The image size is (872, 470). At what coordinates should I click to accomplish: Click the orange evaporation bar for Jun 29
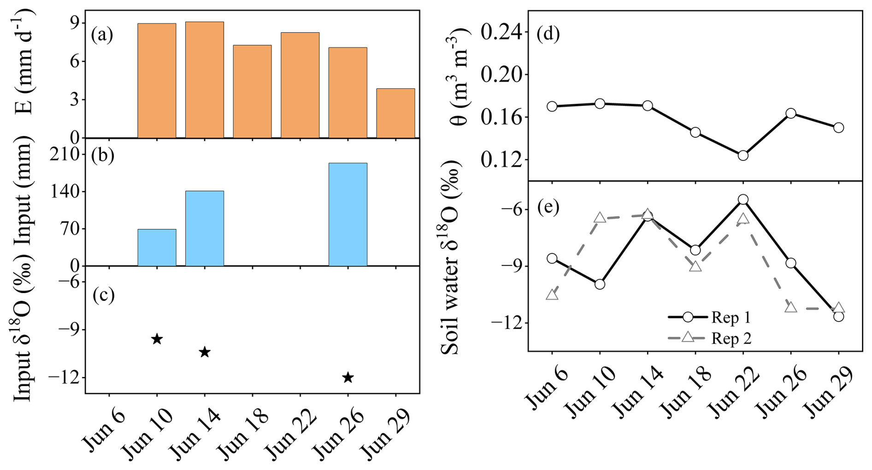(x=395, y=113)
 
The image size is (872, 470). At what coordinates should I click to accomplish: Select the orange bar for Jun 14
(x=205, y=80)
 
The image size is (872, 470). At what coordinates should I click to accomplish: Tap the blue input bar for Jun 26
(x=348, y=215)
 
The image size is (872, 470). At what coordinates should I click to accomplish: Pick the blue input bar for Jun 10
(x=157, y=247)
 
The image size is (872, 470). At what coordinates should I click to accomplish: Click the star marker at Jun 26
(x=348, y=378)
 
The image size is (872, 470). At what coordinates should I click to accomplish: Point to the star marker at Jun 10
(x=157, y=339)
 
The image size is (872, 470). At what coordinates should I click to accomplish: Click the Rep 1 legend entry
(x=710, y=317)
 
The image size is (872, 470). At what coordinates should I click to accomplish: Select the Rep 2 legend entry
(x=710, y=338)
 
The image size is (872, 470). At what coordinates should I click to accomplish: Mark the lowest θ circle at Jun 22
(x=743, y=156)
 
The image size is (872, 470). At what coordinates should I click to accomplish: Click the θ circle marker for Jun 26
(x=791, y=113)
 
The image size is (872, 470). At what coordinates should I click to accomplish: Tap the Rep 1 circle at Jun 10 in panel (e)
(x=600, y=284)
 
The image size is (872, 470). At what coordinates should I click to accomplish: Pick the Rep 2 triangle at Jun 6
(x=552, y=295)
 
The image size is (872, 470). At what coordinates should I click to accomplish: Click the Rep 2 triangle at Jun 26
(x=791, y=307)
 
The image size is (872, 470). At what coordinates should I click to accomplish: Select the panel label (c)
(x=103, y=295)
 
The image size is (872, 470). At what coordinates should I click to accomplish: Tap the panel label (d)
(x=548, y=34)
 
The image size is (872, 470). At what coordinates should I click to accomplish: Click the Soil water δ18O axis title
(x=451, y=258)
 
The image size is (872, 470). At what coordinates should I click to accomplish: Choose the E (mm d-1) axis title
(x=25, y=62)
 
